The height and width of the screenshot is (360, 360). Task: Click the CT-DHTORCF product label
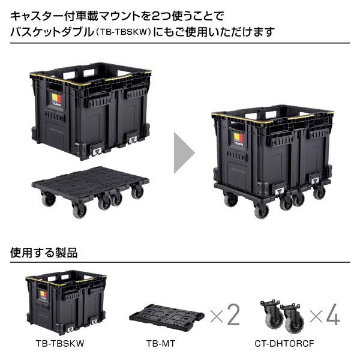(x=285, y=344)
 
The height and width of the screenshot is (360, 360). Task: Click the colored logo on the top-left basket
(x=55, y=97)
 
